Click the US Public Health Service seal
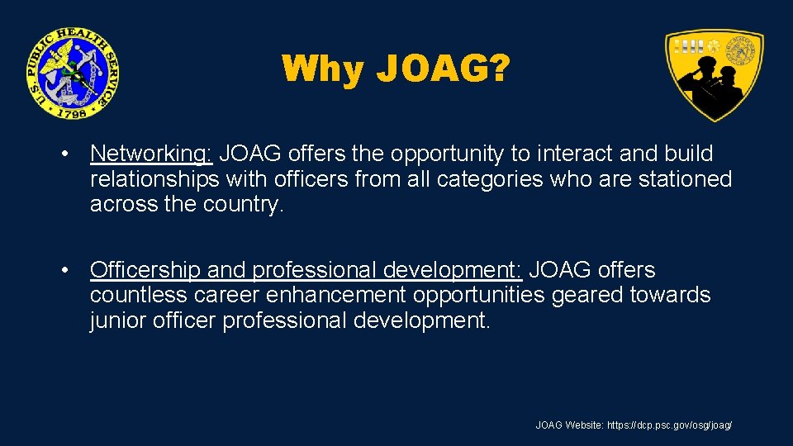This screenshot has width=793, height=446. click(72, 73)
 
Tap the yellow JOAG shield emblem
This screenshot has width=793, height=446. click(715, 74)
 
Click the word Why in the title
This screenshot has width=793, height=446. click(322, 69)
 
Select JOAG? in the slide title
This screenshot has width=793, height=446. click(442, 69)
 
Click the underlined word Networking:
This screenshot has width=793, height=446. click(152, 154)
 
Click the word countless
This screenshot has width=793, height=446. click(142, 295)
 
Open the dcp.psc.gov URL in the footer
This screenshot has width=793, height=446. click(670, 425)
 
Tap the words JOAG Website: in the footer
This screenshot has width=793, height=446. click(569, 425)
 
